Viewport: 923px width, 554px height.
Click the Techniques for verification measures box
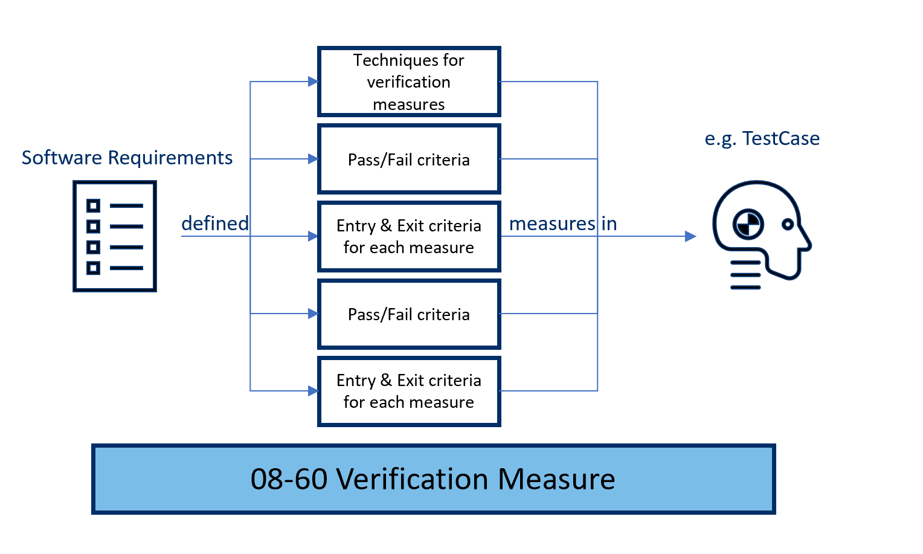[x=409, y=82]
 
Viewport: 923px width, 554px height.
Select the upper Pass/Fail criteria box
[x=409, y=159]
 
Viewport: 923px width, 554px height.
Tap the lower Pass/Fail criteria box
[x=409, y=314]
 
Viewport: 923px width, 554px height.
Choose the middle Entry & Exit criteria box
[x=409, y=236]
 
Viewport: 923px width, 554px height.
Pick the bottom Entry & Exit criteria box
[x=409, y=391]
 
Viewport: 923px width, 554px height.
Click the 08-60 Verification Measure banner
[x=433, y=479]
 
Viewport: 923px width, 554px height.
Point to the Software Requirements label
[x=127, y=158]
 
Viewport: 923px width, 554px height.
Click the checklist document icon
[x=115, y=236]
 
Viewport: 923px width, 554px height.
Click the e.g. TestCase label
[x=762, y=138]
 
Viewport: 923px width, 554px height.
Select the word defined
[x=215, y=224]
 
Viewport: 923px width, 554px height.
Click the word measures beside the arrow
[x=552, y=224]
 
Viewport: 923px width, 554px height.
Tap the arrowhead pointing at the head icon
[x=690, y=236]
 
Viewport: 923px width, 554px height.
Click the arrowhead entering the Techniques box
[x=313, y=82]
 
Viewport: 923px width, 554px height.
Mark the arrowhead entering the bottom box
[x=313, y=391]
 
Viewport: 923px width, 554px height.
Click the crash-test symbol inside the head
[x=748, y=225]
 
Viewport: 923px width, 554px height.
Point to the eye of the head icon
[x=787, y=224]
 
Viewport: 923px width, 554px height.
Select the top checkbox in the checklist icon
[x=93, y=206]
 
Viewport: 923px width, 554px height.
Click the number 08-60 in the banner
[x=289, y=479]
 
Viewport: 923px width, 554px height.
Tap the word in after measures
[x=609, y=224]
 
